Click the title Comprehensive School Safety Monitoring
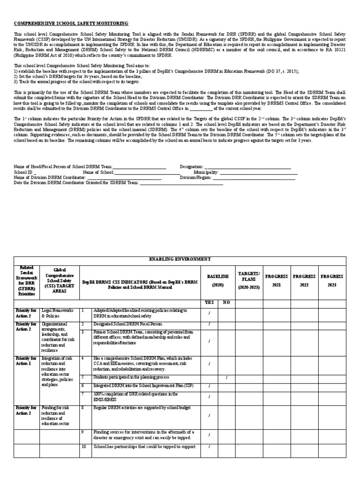71,23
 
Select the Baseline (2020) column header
217,280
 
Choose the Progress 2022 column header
304,280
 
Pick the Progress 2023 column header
331,280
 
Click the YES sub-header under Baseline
209,302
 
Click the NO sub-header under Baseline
226,302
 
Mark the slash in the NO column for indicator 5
226,377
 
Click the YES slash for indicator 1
209,313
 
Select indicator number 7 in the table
82,394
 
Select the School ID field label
23,172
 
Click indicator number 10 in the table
83,446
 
